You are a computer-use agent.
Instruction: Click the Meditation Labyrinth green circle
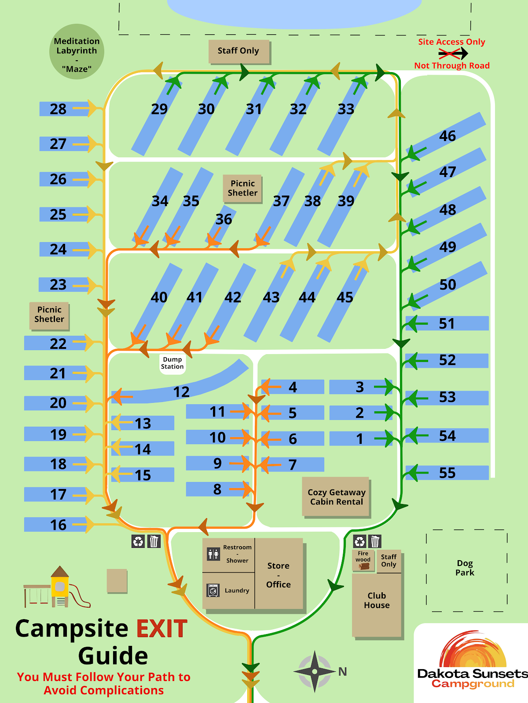77,52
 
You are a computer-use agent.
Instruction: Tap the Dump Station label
172,363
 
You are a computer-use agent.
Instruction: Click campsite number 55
447,473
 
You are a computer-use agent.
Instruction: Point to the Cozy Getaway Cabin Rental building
336,497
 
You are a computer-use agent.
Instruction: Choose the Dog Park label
465,568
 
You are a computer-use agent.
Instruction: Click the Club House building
377,605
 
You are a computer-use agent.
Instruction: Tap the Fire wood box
363,560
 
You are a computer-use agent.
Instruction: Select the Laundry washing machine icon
213,591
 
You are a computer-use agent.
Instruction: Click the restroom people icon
213,554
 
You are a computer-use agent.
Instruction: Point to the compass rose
315,671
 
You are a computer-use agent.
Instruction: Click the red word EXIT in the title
162,628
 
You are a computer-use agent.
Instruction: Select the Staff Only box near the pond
238,51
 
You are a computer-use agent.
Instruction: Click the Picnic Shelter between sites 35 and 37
242,188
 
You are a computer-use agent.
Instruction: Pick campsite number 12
181,391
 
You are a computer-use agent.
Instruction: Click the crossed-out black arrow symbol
452,54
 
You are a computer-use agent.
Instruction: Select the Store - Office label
279,575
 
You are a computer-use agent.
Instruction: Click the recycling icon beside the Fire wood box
359,541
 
